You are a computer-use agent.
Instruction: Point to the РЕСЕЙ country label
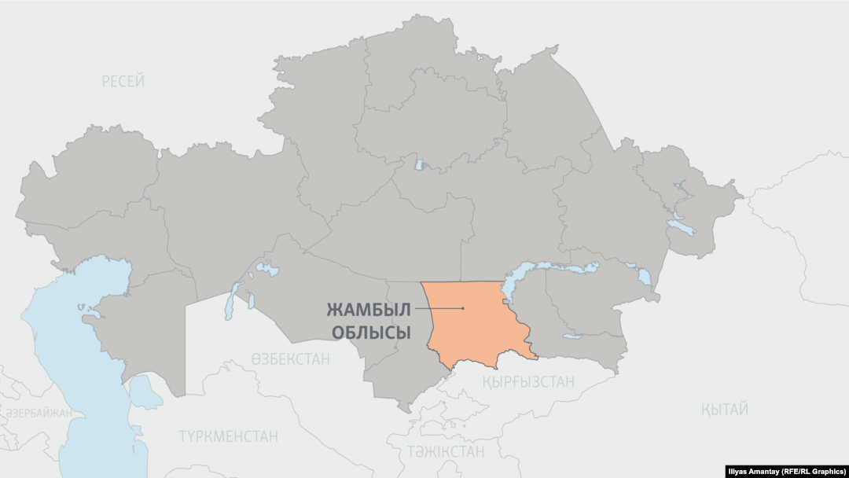pos(123,81)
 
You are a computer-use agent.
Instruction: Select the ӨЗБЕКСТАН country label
pos(290,359)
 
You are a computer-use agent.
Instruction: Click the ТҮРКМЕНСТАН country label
pos(228,436)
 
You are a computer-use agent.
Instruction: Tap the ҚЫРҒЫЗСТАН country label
pos(527,381)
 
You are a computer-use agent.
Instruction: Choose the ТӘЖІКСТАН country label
pos(445,451)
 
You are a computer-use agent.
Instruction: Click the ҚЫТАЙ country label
pos(723,409)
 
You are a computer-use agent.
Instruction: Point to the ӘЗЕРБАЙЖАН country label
pos(39,413)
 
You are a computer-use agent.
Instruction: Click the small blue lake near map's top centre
pos(420,165)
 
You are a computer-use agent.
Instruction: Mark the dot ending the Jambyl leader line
pos(464,308)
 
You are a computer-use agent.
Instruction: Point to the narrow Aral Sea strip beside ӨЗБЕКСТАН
pos(230,303)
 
